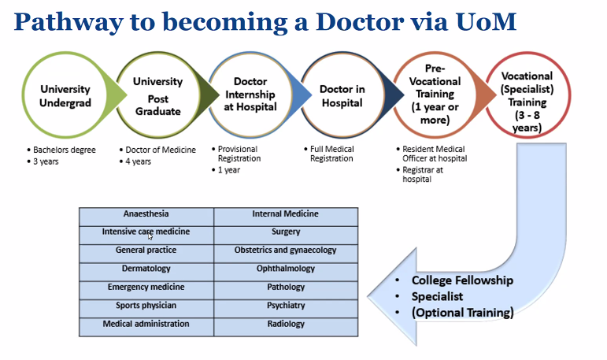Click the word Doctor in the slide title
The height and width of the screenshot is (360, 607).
[360, 22]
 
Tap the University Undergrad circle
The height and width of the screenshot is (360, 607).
[65, 95]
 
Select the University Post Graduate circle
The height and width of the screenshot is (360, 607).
[158, 95]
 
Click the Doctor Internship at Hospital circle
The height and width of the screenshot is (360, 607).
[250, 95]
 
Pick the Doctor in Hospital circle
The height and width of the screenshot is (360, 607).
[342, 95]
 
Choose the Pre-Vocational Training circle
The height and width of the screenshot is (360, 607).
[435, 95]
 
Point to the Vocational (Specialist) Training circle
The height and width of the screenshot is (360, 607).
[527, 95]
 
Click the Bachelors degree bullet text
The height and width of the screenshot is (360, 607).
[65, 150]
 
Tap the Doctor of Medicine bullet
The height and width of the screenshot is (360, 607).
[161, 150]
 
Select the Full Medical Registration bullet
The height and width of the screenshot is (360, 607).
[331, 154]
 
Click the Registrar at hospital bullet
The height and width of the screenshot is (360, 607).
[422, 174]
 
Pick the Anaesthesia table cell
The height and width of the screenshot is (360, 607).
[146, 217]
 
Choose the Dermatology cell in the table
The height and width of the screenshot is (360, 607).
[146, 272]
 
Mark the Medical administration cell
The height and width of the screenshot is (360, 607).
[146, 328]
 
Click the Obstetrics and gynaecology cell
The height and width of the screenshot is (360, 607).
[286, 254]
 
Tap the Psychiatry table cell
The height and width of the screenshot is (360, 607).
[286, 309]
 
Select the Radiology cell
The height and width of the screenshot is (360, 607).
[286, 328]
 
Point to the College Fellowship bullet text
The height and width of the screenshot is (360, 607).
[462, 280]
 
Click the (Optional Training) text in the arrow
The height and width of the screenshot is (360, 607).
[463, 313]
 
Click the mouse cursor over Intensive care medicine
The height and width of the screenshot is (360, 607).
[150, 236]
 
